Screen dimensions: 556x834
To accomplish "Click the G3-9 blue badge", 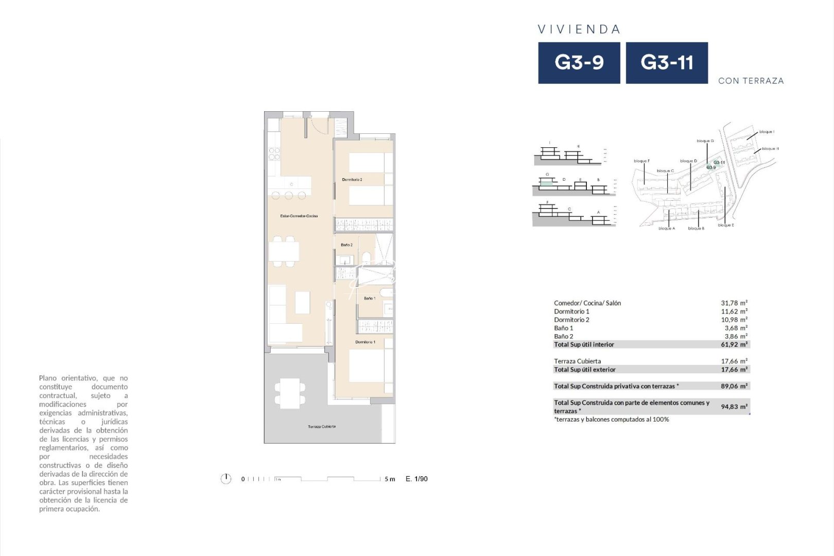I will point(579,63).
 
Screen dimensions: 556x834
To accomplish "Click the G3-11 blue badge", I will point(667,63).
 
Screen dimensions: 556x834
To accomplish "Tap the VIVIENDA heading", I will point(579,29).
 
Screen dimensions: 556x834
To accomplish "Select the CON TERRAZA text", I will point(751,81).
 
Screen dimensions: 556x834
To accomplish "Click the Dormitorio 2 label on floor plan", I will point(352,180).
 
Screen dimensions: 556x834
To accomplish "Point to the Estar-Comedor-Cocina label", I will point(299,216).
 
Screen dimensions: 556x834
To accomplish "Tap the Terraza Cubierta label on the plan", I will point(322,427).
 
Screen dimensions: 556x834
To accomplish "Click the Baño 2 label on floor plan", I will point(346,245).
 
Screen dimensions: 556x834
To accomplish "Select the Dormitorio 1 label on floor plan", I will point(365,342).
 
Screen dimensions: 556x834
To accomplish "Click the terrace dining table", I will point(289,393).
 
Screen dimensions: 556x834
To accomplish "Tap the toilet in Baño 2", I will point(367,256).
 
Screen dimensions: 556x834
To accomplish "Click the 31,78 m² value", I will point(734,303).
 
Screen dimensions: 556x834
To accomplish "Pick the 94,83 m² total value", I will point(734,407).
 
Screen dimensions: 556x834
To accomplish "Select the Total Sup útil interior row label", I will point(584,344).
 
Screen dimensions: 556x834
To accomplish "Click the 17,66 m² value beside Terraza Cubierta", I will point(734,361).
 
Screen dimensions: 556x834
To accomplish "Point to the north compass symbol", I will point(225,479).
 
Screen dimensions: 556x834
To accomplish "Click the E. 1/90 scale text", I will point(416,479).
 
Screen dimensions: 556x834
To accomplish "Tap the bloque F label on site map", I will point(641,161).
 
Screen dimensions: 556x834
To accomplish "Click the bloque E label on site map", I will point(726,225).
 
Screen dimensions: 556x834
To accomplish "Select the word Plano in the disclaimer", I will point(48,378).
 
